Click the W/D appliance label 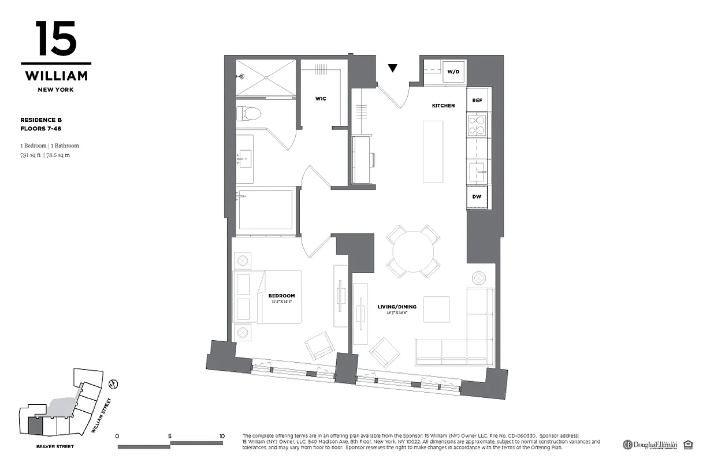point(453,72)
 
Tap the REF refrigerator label point(477,100)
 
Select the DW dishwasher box point(477,196)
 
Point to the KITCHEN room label point(443,106)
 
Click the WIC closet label point(321,99)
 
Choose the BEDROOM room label point(281,296)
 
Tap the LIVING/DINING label point(397,307)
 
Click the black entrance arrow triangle point(393,68)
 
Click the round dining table point(413,251)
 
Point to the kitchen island point(433,151)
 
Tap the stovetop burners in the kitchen point(477,125)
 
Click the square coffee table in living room point(436,309)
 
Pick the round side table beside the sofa point(479,278)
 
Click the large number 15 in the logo point(56,39)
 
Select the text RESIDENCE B point(41,120)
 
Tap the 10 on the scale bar point(222,436)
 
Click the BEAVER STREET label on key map point(55,446)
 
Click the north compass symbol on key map point(114,383)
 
